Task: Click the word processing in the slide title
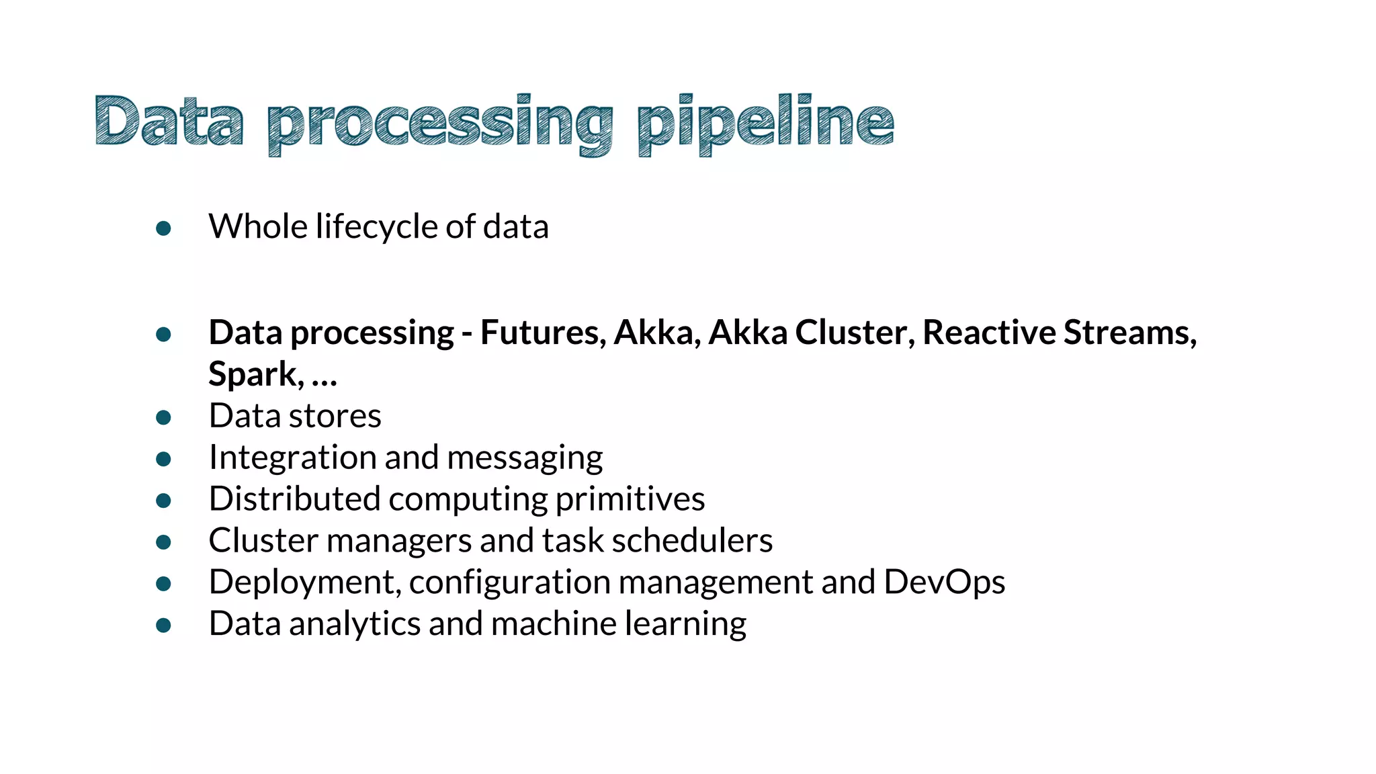pyautogui.click(x=440, y=123)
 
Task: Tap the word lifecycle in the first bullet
pyautogui.click(x=377, y=227)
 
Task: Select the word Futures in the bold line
pyautogui.click(x=543, y=333)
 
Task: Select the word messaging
pyautogui.click(x=525, y=458)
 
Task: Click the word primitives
pyautogui.click(x=630, y=499)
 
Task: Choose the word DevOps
pyautogui.click(x=944, y=582)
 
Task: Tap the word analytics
pyautogui.click(x=355, y=624)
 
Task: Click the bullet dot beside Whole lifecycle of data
pyautogui.click(x=163, y=228)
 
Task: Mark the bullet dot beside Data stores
pyautogui.click(x=163, y=418)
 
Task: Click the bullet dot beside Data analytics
pyautogui.click(x=163, y=626)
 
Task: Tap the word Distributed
pyautogui.click(x=294, y=499)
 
